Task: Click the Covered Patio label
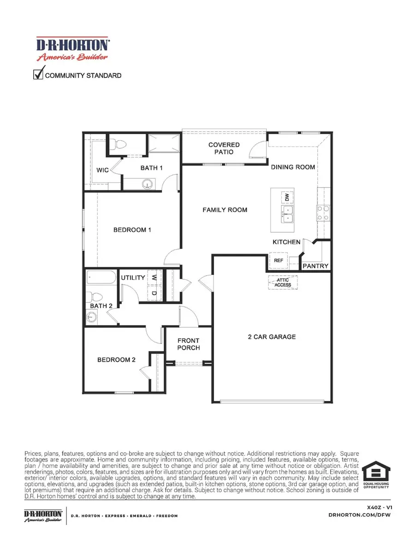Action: (224, 148)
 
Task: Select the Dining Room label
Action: (293, 167)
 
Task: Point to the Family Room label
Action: (225, 210)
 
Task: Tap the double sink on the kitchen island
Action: (287, 214)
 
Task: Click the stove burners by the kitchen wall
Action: (322, 213)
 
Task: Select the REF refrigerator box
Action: (278, 260)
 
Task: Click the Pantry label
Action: (315, 266)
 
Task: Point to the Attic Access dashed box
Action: (283, 282)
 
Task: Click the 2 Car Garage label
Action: (272, 337)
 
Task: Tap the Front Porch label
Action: (189, 344)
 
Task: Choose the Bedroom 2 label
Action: (116, 360)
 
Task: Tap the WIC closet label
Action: (102, 171)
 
